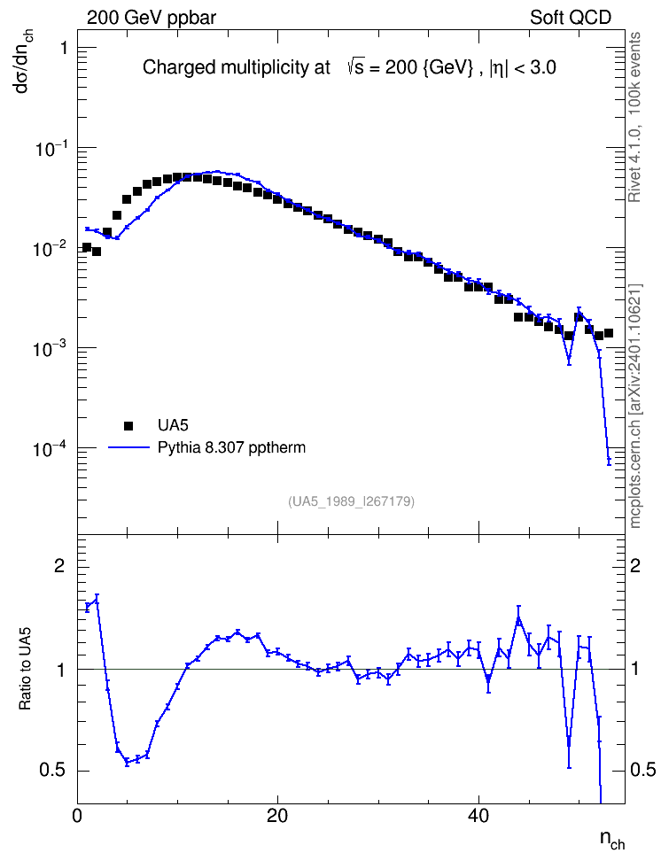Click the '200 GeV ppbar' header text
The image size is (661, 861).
tap(152, 18)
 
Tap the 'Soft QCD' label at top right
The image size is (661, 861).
tap(571, 18)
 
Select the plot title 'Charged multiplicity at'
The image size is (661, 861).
tap(237, 67)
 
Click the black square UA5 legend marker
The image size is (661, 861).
tap(128, 425)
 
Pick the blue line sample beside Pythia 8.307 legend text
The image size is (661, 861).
tap(129, 447)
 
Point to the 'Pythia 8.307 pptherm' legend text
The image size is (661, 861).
tap(231, 448)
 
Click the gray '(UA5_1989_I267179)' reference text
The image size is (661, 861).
tap(351, 501)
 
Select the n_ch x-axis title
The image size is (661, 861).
tap(612, 839)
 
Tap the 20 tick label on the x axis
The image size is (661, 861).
tap(277, 816)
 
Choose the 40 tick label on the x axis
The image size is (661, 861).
tap(478, 816)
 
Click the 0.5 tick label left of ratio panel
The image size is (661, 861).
tap(52, 771)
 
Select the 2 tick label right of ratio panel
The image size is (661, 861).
tap(635, 565)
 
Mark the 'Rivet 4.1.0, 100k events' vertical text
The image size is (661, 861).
tap(634, 117)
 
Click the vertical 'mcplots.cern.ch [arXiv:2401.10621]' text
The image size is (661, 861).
tap(635, 407)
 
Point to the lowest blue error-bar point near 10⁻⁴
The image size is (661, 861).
tap(609, 459)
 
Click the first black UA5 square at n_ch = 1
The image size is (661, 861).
tap(86, 247)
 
